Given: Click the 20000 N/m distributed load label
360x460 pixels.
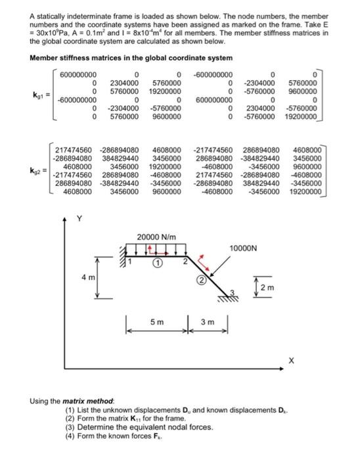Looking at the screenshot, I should [154, 237].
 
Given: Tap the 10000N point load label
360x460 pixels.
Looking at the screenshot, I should [244, 248].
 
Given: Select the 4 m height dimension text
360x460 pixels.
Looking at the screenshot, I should [87, 277].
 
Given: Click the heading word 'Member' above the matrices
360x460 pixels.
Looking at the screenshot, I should [45, 57].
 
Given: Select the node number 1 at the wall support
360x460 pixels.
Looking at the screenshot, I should [129, 262].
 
